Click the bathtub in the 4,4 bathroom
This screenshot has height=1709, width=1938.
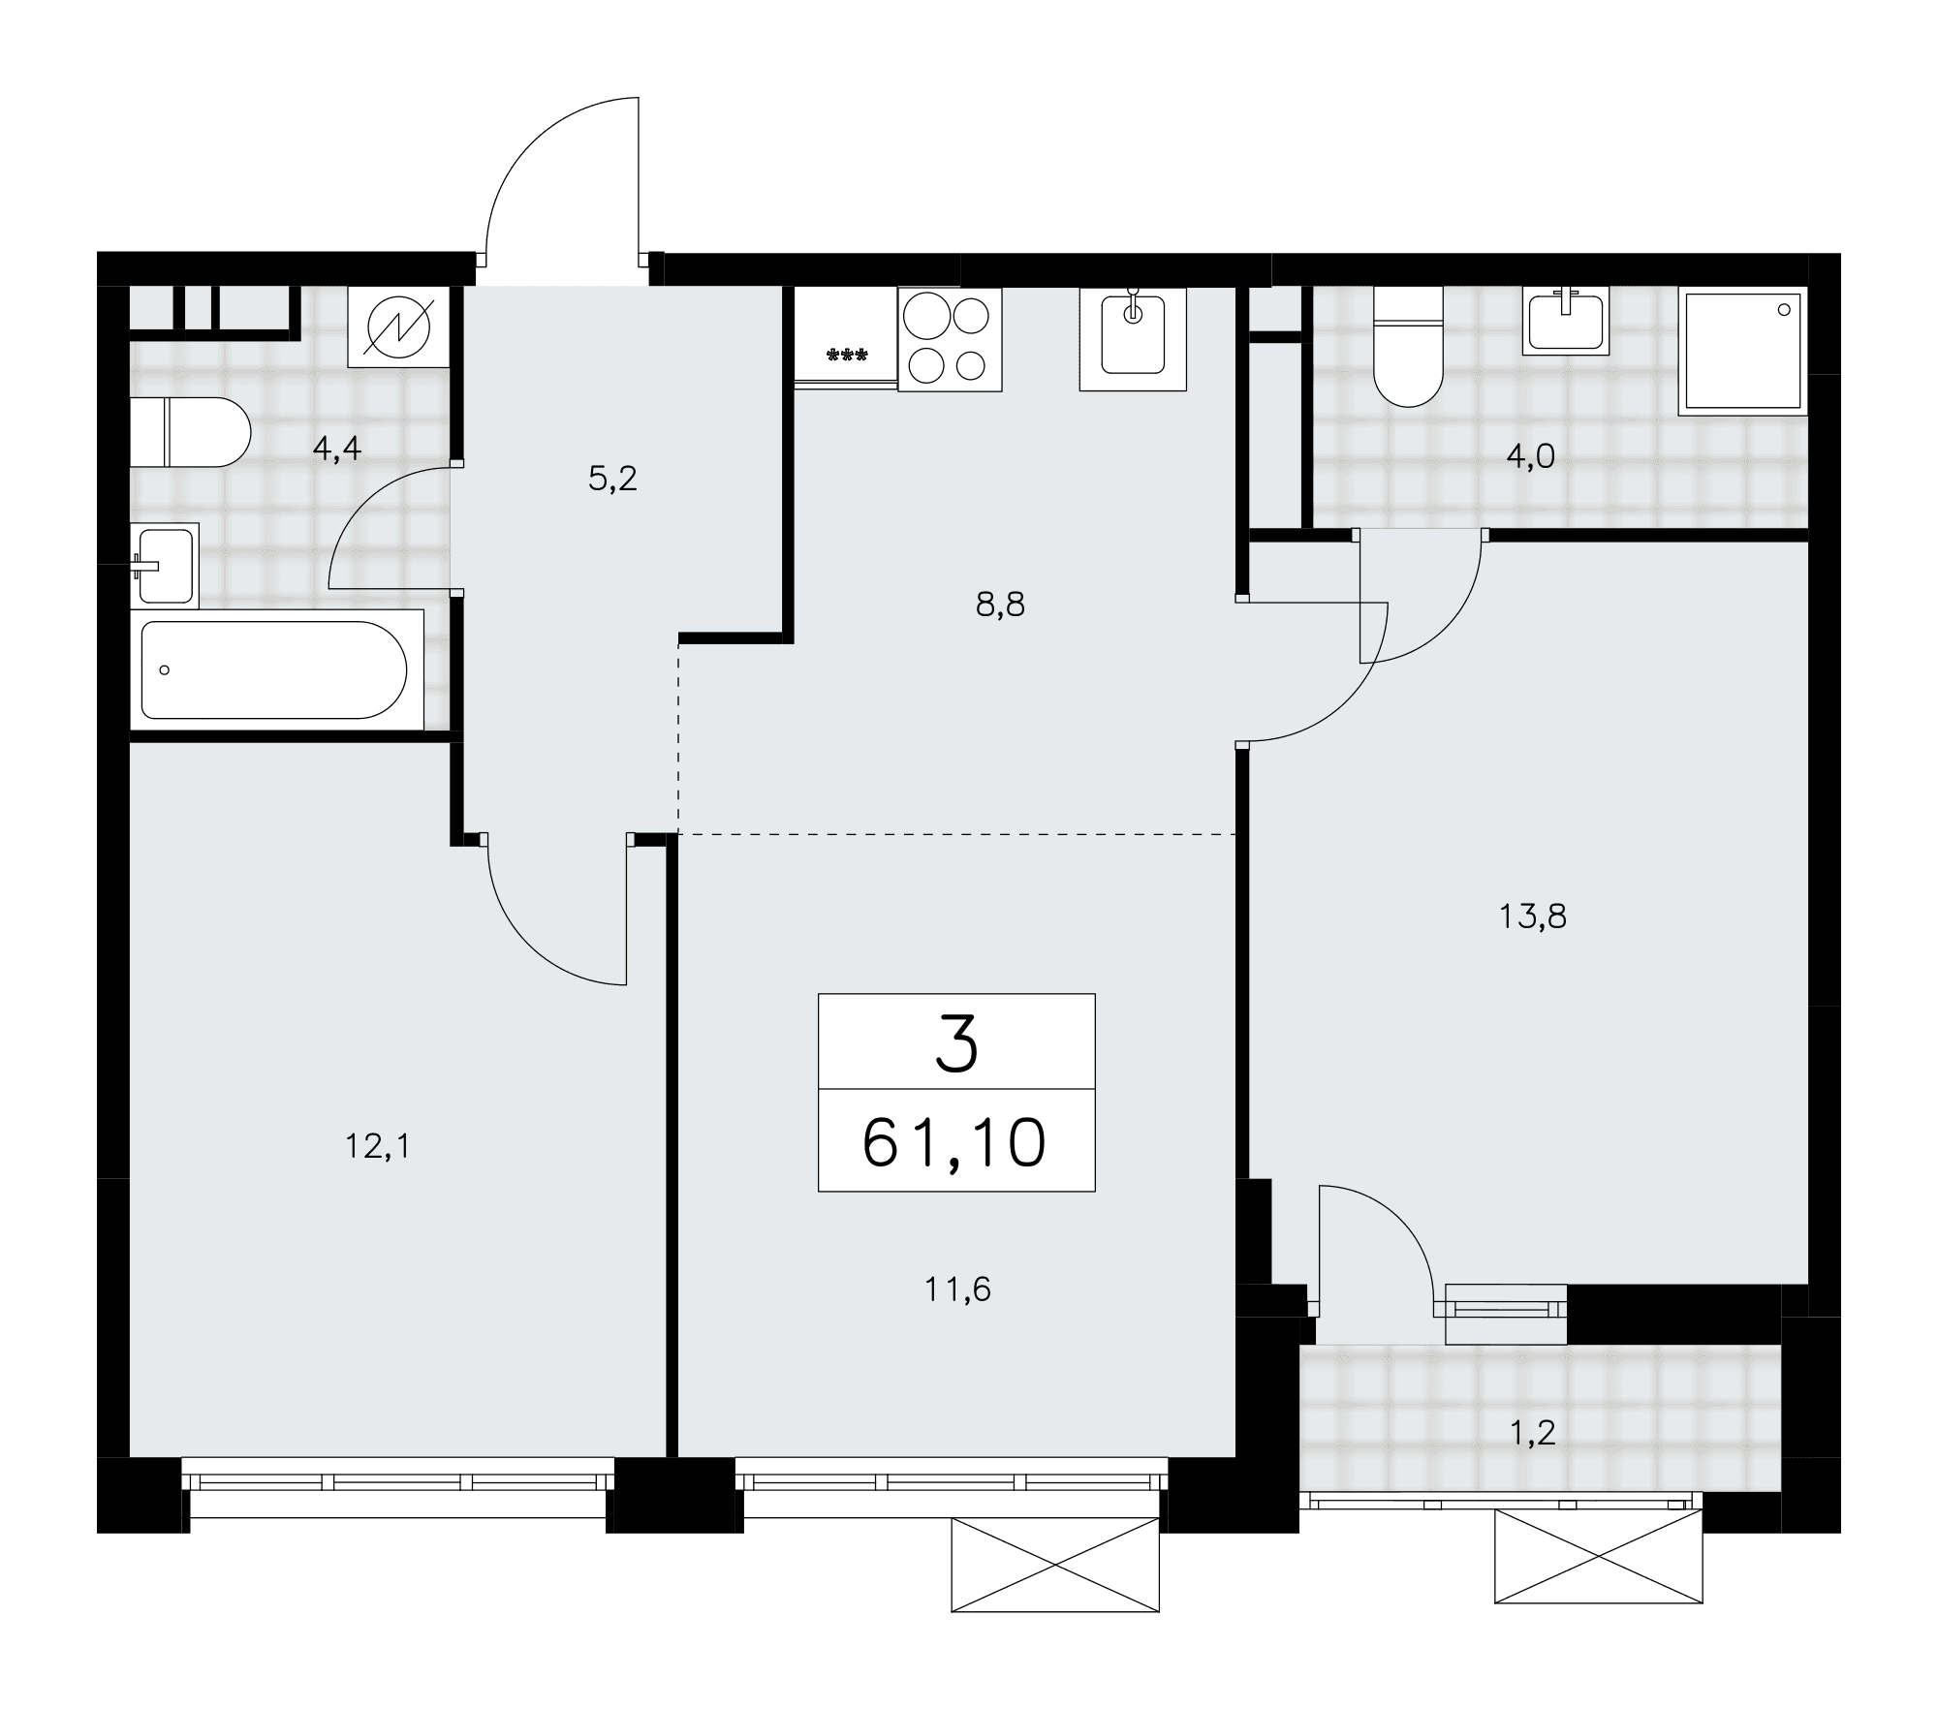(276, 669)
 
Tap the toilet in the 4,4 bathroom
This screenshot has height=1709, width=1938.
(191, 431)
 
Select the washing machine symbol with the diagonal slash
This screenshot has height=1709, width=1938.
(400, 326)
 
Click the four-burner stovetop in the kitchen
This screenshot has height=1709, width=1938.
(950, 339)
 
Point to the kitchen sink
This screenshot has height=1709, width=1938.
(1133, 339)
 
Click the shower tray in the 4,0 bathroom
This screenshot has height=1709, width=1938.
(1744, 351)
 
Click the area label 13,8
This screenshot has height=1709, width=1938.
(1533, 916)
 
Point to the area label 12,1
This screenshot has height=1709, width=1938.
(378, 1147)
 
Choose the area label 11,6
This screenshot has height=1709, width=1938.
(958, 1290)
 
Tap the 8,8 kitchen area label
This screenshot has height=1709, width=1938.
(1000, 605)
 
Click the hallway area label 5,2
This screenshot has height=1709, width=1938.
(612, 478)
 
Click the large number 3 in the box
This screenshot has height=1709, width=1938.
(957, 1047)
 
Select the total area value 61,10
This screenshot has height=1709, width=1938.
(954, 1142)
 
